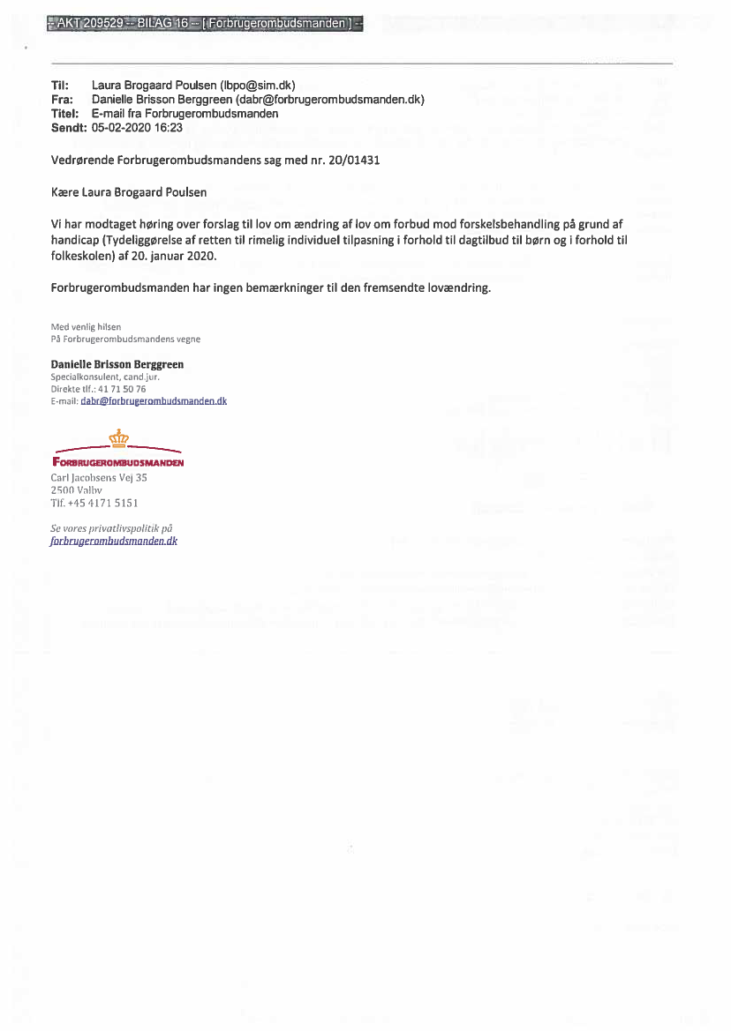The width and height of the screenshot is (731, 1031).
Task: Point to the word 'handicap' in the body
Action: (x=77, y=240)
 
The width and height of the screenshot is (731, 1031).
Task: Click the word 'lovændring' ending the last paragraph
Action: (x=458, y=288)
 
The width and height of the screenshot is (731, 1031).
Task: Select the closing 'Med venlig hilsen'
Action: (x=86, y=327)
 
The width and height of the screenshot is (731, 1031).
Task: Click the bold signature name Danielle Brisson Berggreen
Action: (x=117, y=364)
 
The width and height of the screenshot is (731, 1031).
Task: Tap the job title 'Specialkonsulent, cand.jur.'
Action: (x=105, y=377)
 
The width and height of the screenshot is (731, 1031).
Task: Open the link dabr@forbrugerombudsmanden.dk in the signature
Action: (x=154, y=400)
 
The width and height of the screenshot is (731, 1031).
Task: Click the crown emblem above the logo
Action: (x=118, y=436)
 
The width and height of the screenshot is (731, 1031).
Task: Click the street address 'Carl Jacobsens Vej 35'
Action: (x=99, y=477)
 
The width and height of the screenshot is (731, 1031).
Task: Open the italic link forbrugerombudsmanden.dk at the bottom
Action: (x=114, y=541)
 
